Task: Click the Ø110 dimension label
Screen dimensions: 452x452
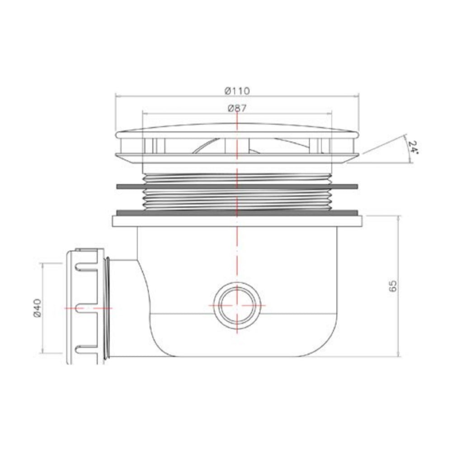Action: pos(237,90)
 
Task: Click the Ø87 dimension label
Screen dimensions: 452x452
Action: pos(237,108)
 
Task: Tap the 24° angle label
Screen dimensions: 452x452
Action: pos(412,147)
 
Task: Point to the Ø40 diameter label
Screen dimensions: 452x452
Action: pos(38,307)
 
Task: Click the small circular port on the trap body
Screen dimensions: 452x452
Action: pos(237,305)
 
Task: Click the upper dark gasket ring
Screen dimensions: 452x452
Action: pos(237,186)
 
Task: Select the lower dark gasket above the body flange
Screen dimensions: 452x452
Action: pos(237,212)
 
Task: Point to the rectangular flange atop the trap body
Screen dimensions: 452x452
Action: pos(237,221)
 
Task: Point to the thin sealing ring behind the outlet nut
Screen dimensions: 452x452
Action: pos(107,307)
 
